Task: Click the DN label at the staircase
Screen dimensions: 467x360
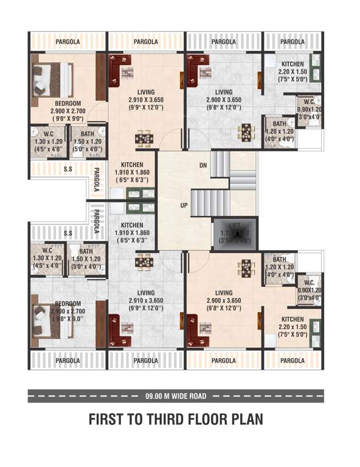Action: tap(203, 165)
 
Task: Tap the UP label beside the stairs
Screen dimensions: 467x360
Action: tap(184, 206)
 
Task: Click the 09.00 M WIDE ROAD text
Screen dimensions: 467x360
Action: tap(176, 396)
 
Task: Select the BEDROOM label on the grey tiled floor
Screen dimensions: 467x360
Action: tap(68, 303)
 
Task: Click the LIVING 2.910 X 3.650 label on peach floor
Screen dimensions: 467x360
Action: tap(145, 91)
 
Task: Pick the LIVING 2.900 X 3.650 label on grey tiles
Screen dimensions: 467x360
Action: tap(223, 91)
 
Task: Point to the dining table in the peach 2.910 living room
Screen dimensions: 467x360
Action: tap(144, 139)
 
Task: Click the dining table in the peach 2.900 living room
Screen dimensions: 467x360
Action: tap(246, 268)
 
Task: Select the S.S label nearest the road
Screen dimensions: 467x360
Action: tap(68, 233)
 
